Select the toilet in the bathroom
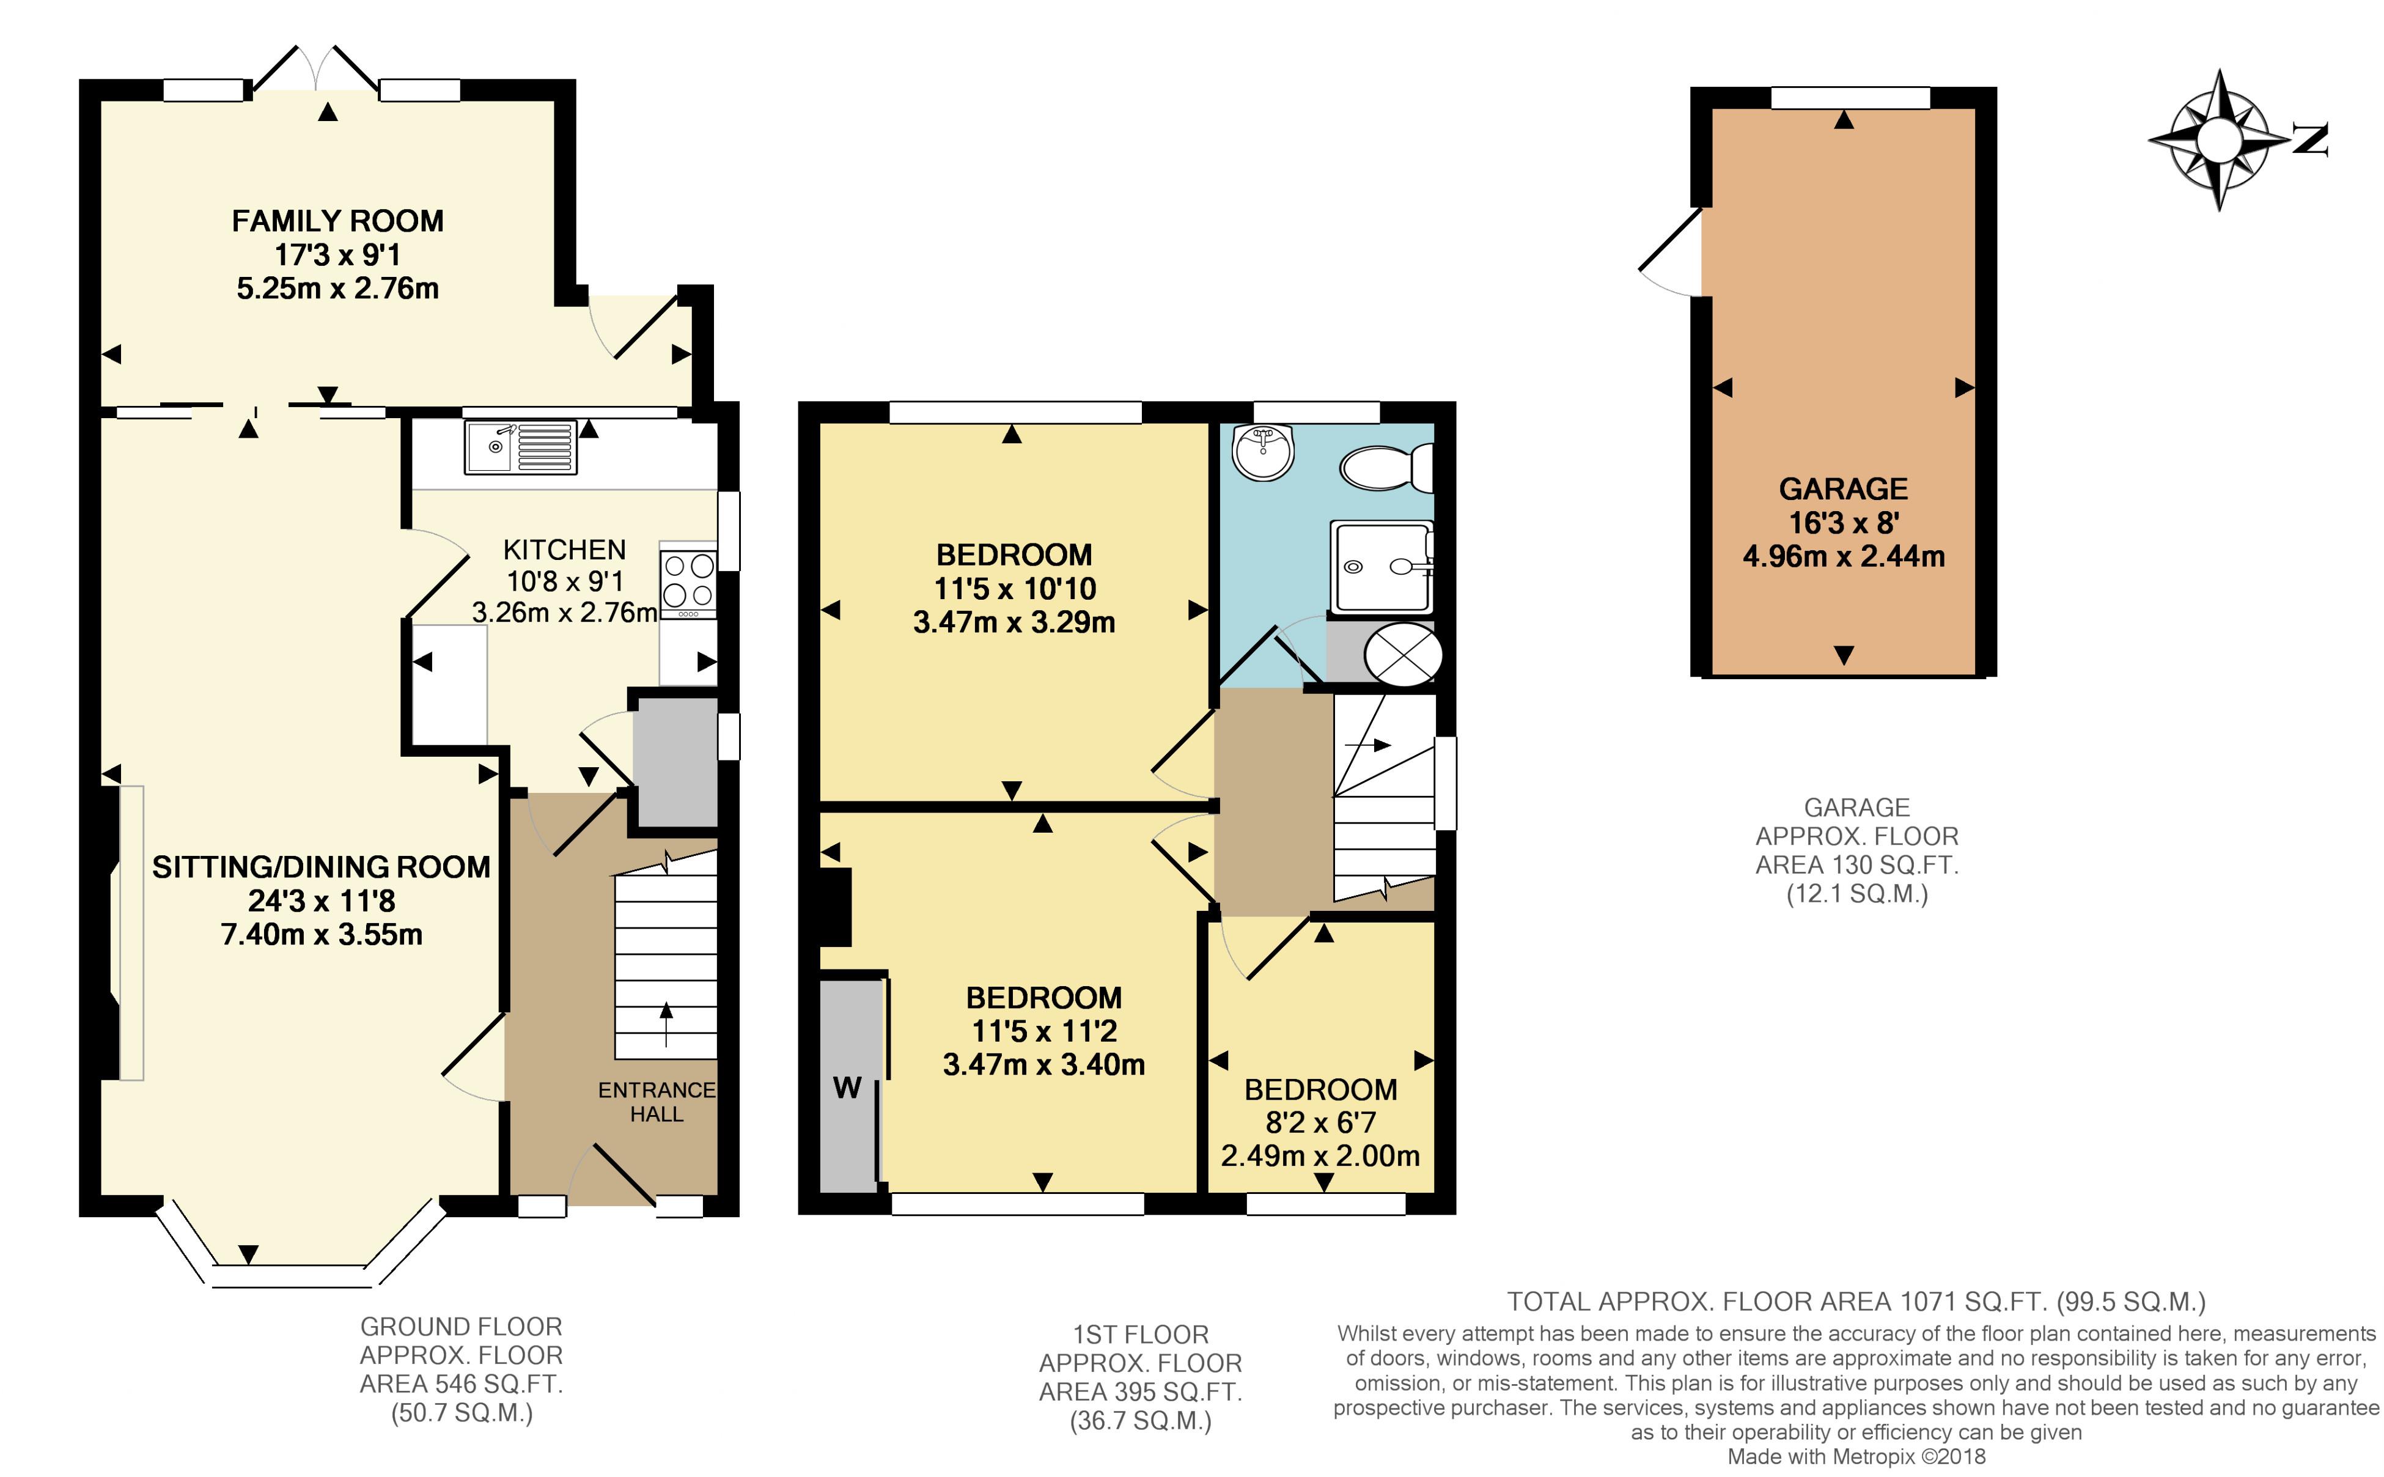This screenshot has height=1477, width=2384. [x=1387, y=468]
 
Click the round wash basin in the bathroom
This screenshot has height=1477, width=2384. [x=1263, y=453]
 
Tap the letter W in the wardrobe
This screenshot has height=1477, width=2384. [x=847, y=1087]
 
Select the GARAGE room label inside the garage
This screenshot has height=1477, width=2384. [x=1843, y=488]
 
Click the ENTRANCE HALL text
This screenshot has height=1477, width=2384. [x=657, y=1102]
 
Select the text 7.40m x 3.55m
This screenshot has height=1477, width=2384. [x=322, y=935]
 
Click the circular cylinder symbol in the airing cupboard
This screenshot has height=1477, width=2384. [x=1402, y=655]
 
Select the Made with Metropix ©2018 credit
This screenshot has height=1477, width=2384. [x=1856, y=1456]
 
